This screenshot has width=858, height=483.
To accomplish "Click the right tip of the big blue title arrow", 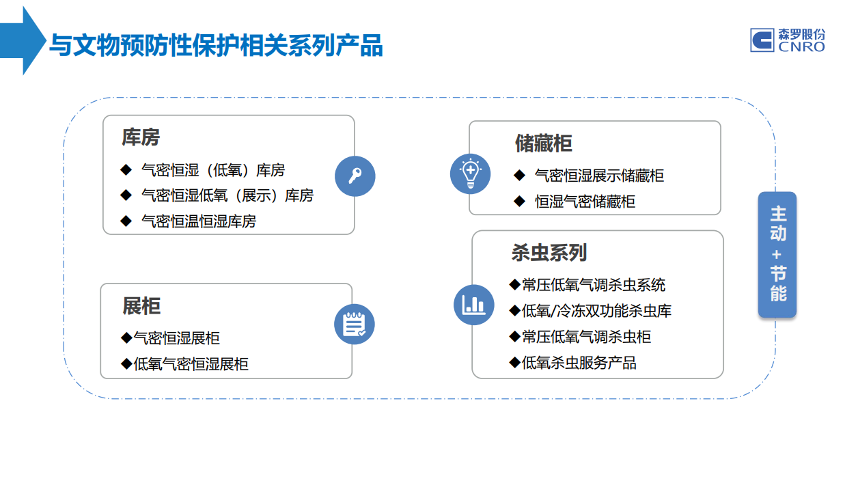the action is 46,40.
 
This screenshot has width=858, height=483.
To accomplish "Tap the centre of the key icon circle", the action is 355,176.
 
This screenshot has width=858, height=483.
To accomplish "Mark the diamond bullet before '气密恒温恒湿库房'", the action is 126,221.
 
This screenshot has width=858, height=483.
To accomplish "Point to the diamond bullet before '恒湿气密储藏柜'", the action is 519,201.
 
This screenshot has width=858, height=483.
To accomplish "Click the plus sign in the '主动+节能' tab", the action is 777,255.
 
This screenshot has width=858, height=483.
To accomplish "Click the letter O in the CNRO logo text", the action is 818,46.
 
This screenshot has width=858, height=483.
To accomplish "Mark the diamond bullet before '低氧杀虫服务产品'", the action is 515,362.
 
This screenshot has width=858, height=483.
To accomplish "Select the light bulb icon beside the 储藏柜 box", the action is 471,174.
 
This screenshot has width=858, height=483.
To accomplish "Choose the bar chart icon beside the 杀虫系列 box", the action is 474,305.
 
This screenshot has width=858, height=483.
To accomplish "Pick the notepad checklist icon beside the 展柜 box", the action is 355,325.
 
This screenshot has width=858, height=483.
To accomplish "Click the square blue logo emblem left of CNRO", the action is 762,40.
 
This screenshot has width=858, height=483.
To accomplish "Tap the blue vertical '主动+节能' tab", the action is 777,254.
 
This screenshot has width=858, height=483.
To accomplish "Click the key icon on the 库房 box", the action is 355,176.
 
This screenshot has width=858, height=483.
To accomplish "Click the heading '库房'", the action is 141,137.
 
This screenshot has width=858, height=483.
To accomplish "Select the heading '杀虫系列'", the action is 549,252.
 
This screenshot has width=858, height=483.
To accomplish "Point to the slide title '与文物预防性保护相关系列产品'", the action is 217,45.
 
